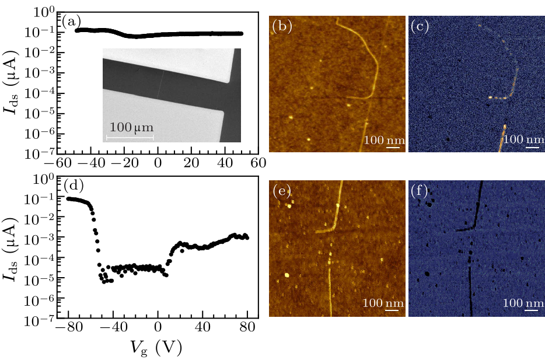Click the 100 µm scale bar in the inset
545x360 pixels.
click(x=129, y=137)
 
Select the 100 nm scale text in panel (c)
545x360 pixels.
click(x=522, y=140)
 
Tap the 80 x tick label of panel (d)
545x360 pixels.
click(x=247, y=328)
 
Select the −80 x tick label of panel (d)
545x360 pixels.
click(x=65, y=328)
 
